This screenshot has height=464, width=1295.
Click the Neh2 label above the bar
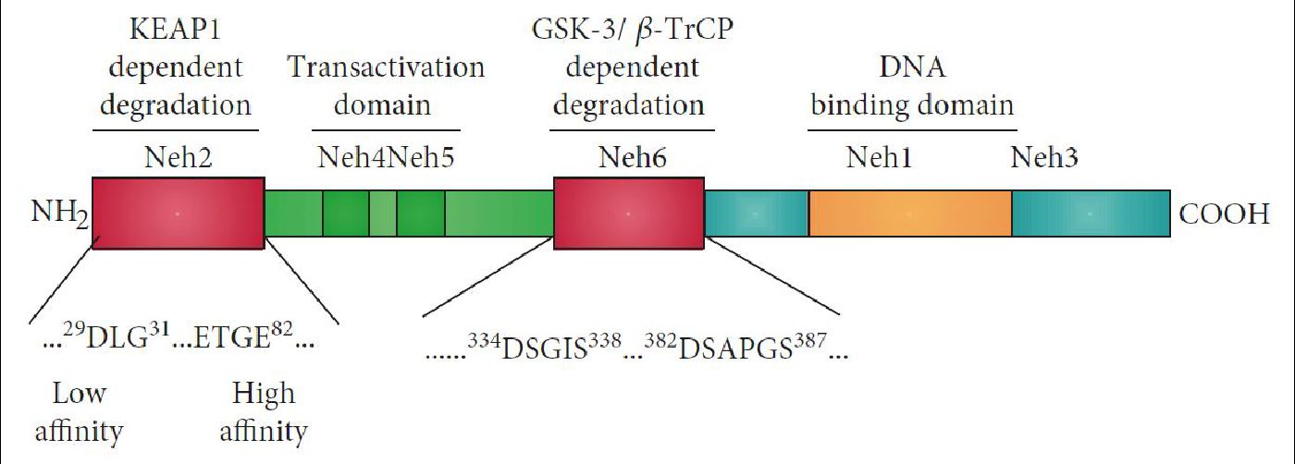click(x=178, y=157)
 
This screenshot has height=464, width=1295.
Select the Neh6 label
click(x=632, y=157)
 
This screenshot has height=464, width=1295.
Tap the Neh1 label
click(x=879, y=157)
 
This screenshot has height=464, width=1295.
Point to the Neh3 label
click(x=1044, y=157)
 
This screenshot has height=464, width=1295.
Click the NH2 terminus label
click(x=59, y=214)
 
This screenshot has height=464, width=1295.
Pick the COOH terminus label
click(x=1224, y=214)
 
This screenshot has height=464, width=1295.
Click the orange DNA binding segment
click(x=910, y=214)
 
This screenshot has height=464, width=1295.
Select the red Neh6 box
click(x=629, y=214)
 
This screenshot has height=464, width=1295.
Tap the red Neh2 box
click(x=178, y=214)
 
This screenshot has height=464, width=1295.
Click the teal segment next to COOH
click(x=1091, y=214)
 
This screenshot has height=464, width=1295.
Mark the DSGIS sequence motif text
click(x=544, y=348)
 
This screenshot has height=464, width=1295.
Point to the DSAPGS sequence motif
click(x=735, y=348)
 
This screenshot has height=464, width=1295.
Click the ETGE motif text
click(x=243, y=336)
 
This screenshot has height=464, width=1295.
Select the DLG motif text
click(x=117, y=336)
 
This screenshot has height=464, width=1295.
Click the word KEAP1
click(x=175, y=29)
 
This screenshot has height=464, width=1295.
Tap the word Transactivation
click(x=386, y=67)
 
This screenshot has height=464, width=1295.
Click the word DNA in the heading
click(x=912, y=67)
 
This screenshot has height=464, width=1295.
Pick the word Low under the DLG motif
click(x=80, y=394)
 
